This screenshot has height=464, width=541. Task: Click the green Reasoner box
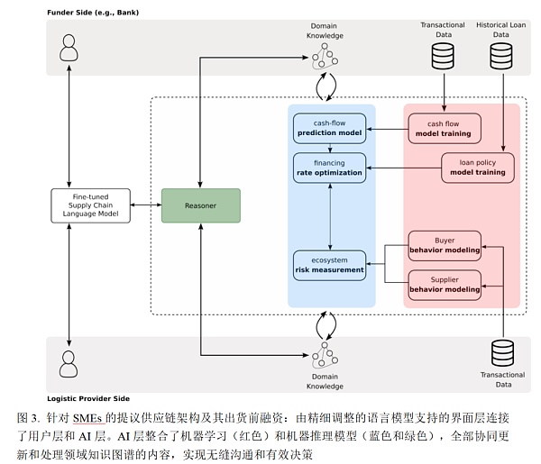coord(200,205)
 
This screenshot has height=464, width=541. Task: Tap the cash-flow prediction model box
coord(330,128)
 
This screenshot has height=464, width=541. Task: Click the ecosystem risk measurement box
coord(330,264)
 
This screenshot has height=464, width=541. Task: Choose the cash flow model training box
coord(445,128)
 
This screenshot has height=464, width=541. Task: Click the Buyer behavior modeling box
coord(445,244)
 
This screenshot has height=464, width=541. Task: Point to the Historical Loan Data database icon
coord(501,57)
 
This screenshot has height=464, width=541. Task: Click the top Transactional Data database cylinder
coord(443,57)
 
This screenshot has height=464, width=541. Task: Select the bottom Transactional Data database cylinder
coord(502,353)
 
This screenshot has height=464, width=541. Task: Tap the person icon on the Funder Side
coord(69,49)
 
